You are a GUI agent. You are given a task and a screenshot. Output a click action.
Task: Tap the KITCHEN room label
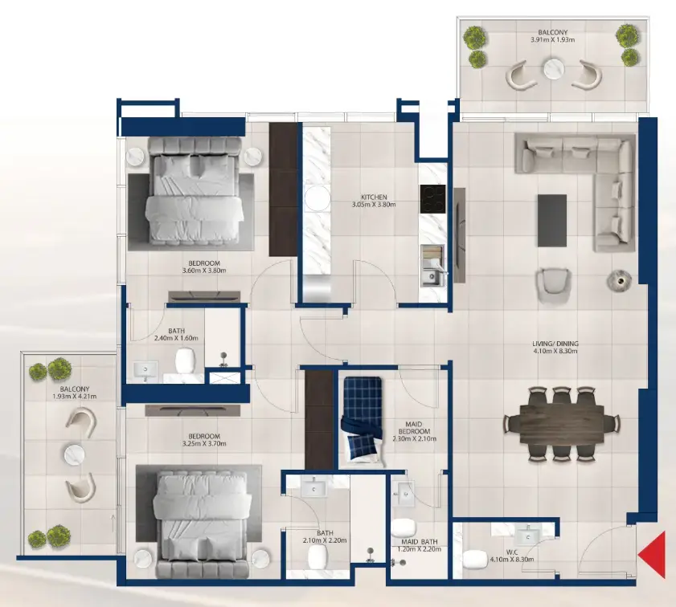(375, 197)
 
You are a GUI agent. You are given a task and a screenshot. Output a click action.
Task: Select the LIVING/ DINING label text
(555, 344)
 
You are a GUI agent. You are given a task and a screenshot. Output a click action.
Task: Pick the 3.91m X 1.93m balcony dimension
(554, 39)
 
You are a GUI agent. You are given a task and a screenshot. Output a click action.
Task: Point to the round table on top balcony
(554, 69)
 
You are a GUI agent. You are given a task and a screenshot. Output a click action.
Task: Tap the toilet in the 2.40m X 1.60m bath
(186, 361)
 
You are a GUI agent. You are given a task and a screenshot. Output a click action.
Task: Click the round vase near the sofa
(617, 279)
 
